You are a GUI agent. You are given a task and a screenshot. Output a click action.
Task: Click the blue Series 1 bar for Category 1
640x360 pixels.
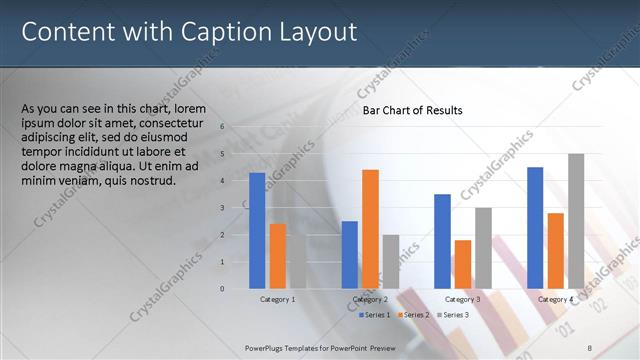click(x=257, y=230)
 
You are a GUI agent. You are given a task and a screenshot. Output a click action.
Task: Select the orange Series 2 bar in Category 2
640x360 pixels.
click(x=370, y=229)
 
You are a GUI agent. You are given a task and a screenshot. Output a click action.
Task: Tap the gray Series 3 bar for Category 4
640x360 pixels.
click(x=576, y=221)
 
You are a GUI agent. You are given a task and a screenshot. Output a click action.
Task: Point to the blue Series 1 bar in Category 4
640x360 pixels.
click(x=535, y=227)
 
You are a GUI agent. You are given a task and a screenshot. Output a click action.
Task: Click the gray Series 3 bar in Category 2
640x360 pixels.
click(x=390, y=261)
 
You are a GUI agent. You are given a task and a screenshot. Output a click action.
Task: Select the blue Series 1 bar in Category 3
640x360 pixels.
click(x=442, y=241)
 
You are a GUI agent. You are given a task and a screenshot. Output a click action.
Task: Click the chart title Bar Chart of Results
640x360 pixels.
click(x=412, y=111)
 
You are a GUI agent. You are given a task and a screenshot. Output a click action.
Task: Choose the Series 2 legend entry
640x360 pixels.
click(x=414, y=315)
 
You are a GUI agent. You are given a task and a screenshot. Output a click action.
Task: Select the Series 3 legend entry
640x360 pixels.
click(x=453, y=315)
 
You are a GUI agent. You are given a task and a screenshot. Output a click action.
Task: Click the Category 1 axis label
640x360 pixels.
click(x=277, y=299)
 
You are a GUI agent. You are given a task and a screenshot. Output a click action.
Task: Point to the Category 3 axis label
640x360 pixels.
click(x=462, y=299)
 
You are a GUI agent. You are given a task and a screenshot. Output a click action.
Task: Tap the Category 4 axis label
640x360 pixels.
click(x=555, y=299)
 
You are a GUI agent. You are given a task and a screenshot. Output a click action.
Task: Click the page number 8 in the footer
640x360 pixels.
click(x=590, y=345)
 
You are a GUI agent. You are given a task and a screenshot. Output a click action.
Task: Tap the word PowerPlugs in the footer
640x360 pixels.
click(x=269, y=345)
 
